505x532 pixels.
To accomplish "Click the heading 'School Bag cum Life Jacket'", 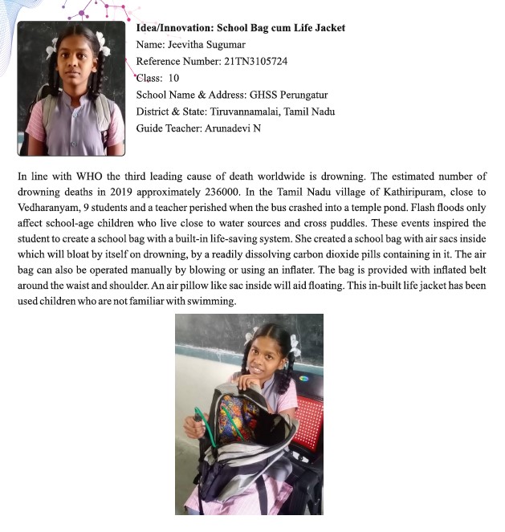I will tap(281, 28).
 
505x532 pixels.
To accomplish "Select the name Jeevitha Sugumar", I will tap(210, 45).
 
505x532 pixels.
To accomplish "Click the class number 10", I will tap(173, 79).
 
